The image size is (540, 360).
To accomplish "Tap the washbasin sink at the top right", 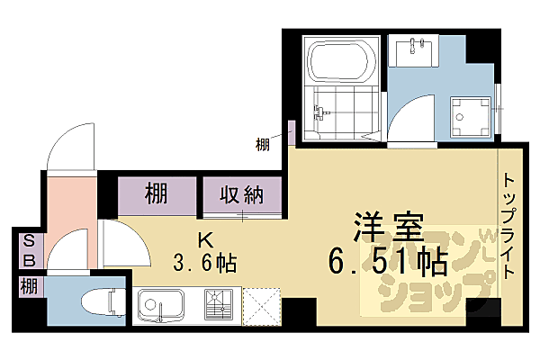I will click(416, 49).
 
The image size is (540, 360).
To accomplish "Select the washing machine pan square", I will click(471, 115).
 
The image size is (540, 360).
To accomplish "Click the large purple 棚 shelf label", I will click(157, 193).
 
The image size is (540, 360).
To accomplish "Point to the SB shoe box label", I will click(28, 250).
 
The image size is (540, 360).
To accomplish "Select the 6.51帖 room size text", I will click(389, 262).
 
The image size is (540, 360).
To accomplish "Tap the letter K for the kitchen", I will click(205, 241).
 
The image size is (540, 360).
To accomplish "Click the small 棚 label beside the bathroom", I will click(262, 141).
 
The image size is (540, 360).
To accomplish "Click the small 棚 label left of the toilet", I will click(28, 288).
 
